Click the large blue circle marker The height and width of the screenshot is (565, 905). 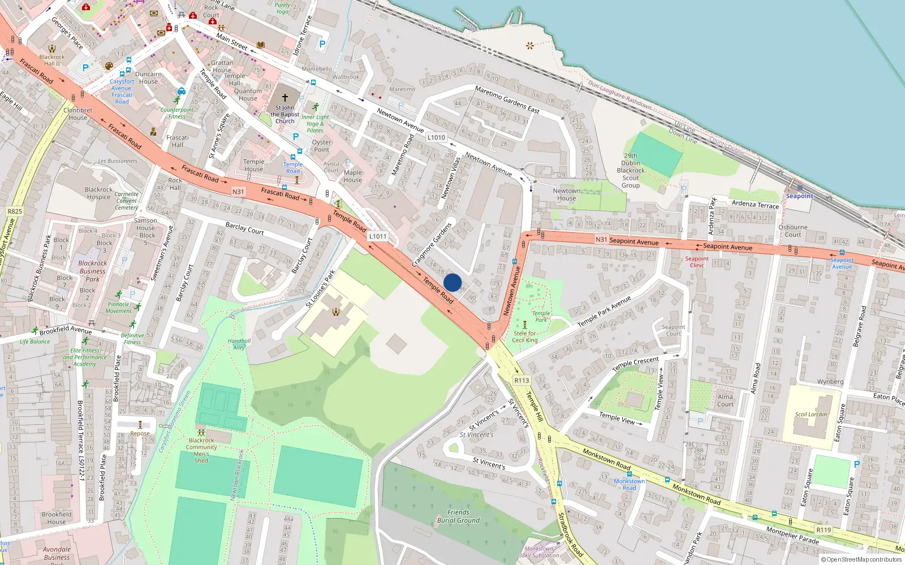(x=453, y=282)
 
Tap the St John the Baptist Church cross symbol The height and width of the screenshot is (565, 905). (x=285, y=98)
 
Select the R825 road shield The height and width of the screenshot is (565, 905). (x=15, y=211)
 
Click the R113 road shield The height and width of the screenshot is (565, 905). (x=522, y=380)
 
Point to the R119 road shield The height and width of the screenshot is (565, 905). (x=824, y=530)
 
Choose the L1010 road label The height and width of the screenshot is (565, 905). (x=436, y=137)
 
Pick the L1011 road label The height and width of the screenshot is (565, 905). (x=378, y=236)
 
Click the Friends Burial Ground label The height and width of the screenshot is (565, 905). (x=458, y=516)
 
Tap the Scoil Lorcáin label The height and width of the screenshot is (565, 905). (x=811, y=414)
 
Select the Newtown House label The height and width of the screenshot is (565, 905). (x=566, y=194)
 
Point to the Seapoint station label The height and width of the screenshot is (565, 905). (x=799, y=196)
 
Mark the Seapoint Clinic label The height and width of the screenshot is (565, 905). (x=697, y=262)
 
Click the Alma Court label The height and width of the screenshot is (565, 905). (x=725, y=400)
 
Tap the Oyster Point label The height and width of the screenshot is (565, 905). (x=321, y=146)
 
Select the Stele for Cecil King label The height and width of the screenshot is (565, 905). (x=525, y=337)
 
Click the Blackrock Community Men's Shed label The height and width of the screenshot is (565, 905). (x=201, y=450)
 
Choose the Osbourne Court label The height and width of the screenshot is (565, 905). (x=792, y=231)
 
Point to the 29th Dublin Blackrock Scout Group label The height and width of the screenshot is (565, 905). (x=631, y=170)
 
